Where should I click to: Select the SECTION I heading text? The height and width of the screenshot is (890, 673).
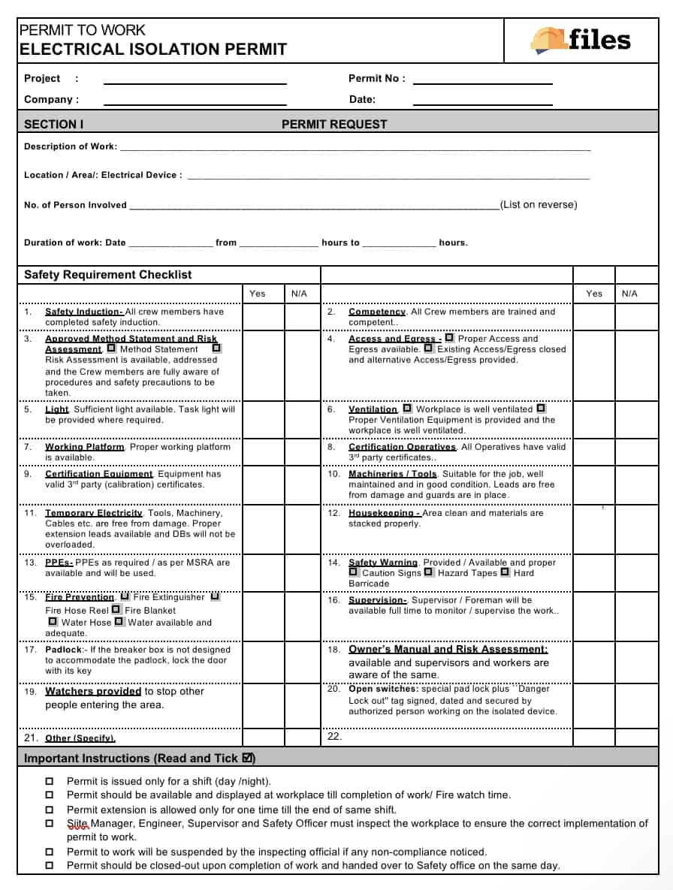[x=54, y=125]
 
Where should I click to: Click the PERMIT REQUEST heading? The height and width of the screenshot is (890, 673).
[x=334, y=125]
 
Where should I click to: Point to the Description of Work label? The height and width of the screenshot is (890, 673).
[x=71, y=146]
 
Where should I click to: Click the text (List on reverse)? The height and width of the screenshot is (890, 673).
[x=539, y=205]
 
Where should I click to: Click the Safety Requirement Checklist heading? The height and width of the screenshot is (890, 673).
[x=108, y=275]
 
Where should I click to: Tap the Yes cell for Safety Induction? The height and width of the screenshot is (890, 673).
[x=258, y=317]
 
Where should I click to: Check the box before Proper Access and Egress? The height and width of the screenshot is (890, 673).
[x=449, y=338]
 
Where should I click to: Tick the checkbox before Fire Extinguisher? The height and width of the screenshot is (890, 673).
[x=125, y=596]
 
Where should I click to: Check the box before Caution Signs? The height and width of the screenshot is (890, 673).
[x=354, y=572]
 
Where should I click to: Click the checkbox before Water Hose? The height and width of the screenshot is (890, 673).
[x=53, y=622]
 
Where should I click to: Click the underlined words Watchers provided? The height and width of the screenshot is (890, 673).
[x=93, y=691]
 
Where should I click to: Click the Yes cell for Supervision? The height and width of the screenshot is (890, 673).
[x=594, y=614]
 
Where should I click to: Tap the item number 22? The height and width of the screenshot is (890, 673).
[x=334, y=736]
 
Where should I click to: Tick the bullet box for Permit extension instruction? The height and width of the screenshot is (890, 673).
[x=50, y=810]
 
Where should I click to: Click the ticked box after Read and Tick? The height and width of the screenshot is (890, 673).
[x=249, y=758]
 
